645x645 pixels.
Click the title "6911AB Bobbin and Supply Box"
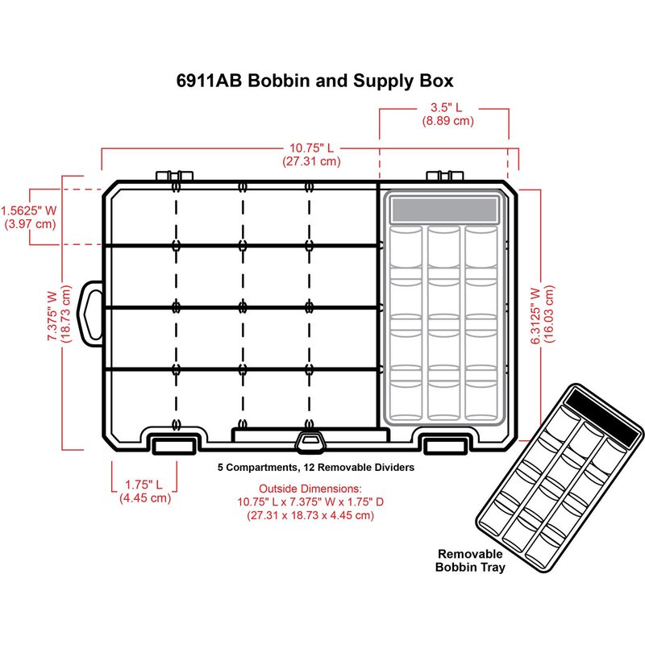click(314, 81)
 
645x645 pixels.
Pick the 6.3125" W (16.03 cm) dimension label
click(542, 314)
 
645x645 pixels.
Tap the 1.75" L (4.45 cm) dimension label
click(144, 491)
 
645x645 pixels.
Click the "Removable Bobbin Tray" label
click(469, 560)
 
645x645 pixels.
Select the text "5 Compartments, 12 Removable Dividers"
click(316, 468)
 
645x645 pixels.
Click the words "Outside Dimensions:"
click(310, 489)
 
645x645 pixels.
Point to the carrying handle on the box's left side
click(92, 307)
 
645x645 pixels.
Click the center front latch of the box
click(309, 439)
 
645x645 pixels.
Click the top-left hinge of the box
click(166, 177)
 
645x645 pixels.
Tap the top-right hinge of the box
click(441, 177)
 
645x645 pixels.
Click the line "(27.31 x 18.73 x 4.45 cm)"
click(310, 515)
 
